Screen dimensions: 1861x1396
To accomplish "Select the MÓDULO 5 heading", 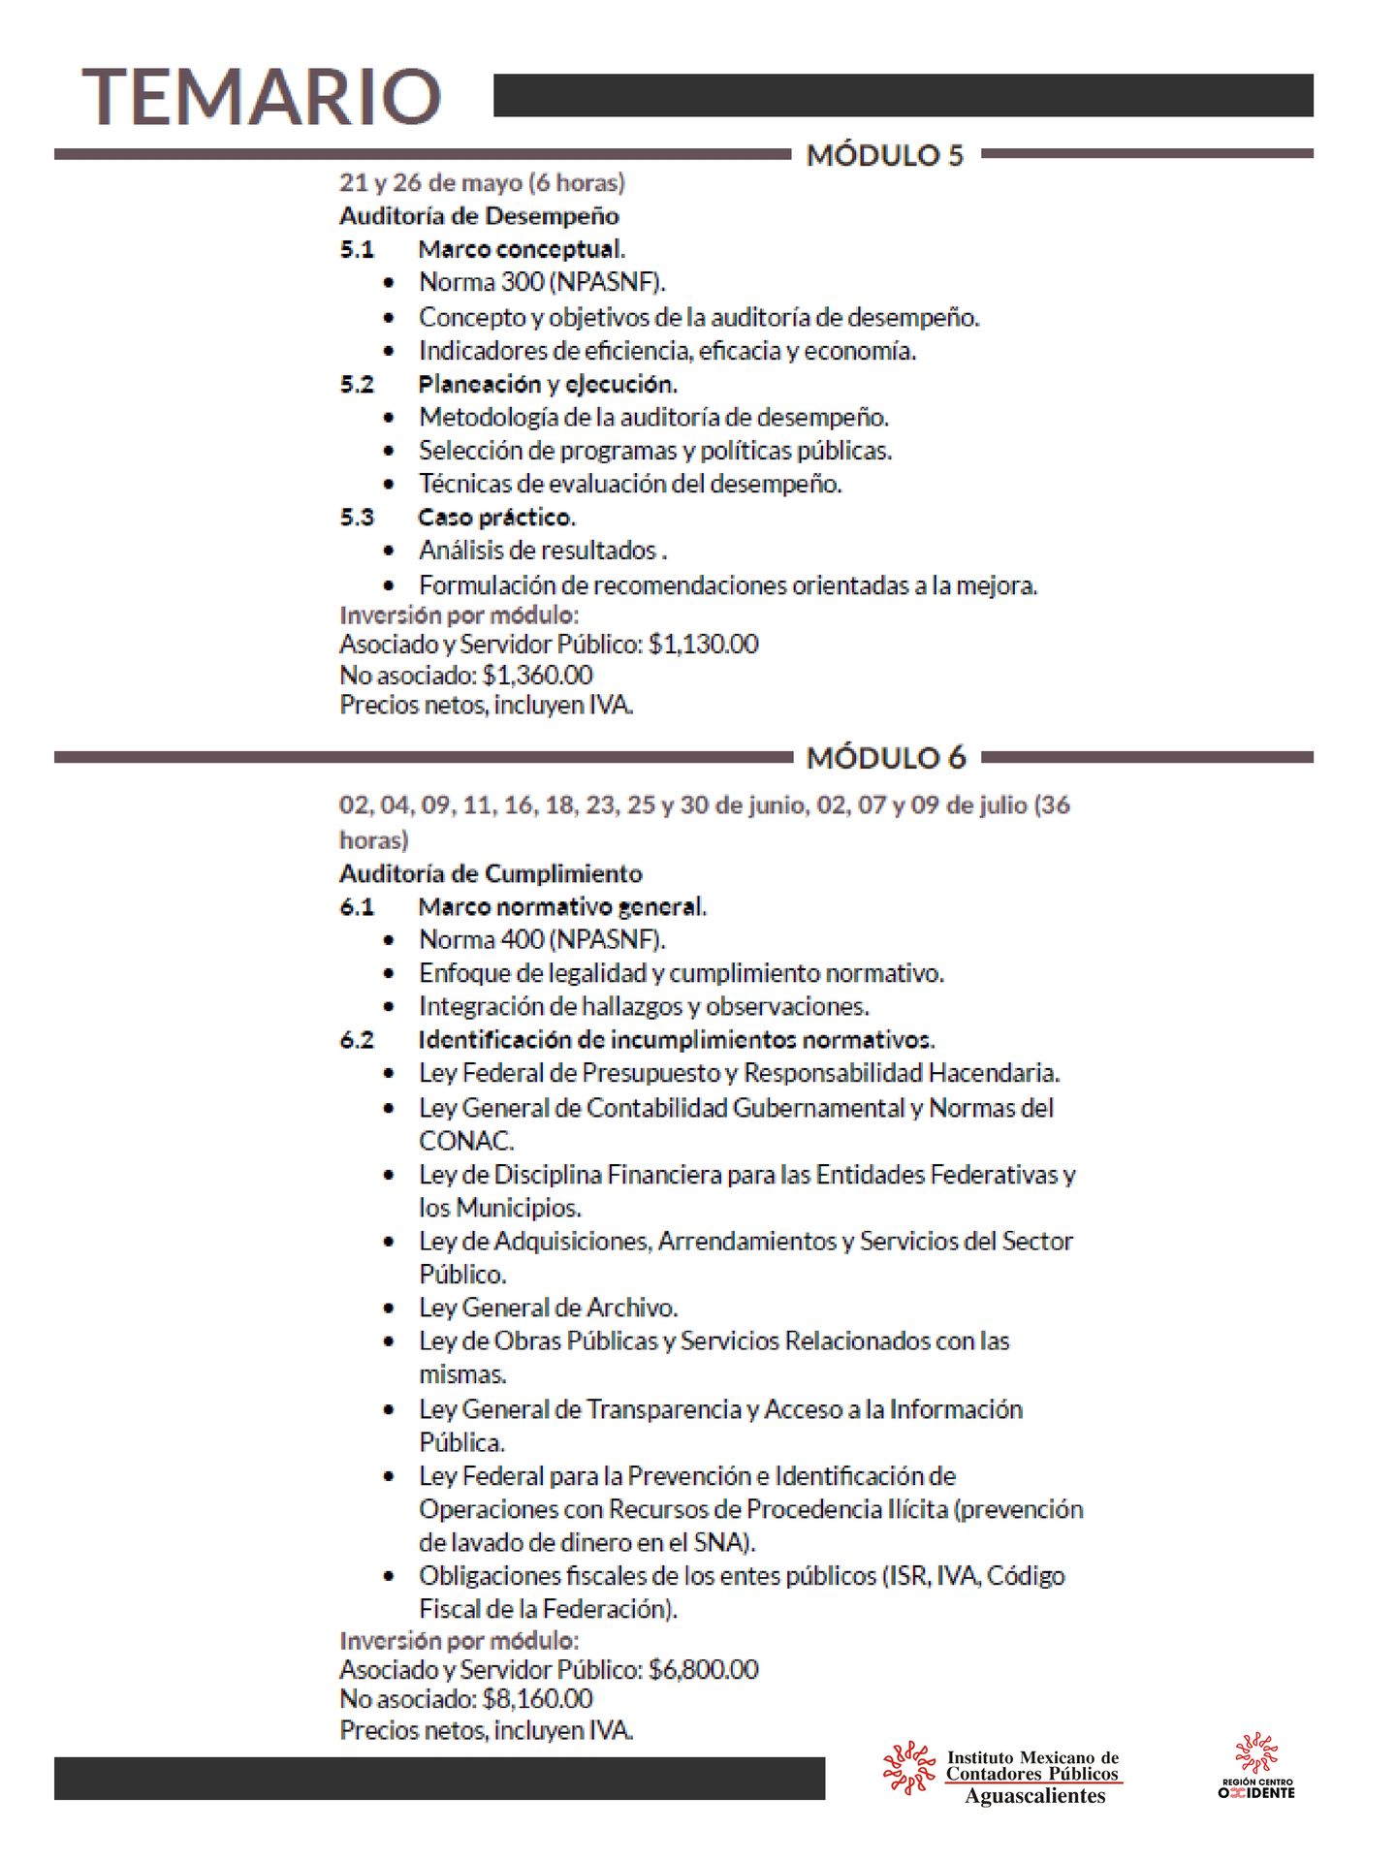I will tap(885, 155).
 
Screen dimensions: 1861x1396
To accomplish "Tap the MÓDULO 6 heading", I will tap(886, 758).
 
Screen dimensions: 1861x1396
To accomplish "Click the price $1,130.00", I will tap(703, 645).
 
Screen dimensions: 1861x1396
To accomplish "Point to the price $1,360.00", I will tap(537, 675).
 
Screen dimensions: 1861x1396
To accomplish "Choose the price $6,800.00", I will tap(703, 1669).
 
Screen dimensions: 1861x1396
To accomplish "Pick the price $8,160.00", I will tap(537, 1698).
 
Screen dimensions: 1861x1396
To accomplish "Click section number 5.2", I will tap(357, 385).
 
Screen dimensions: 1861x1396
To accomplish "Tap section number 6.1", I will tap(357, 907).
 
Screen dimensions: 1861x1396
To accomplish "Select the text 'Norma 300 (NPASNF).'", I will tap(541, 282).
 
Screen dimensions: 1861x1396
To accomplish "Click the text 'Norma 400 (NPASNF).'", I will tap(541, 939).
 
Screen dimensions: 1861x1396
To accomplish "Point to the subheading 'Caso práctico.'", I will tap(496, 518).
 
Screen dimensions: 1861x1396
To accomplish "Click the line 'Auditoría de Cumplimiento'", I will tap(491, 874).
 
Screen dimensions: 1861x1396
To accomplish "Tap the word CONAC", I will tap(465, 1141).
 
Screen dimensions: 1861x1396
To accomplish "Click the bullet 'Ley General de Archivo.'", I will tap(548, 1308).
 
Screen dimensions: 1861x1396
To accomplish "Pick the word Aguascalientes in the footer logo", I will tap(1034, 1796).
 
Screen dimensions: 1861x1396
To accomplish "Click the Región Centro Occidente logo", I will tap(1256, 1766).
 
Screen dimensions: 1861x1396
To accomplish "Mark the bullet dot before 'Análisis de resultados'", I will tap(389, 552).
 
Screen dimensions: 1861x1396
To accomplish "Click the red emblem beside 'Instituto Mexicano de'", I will tap(908, 1768).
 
